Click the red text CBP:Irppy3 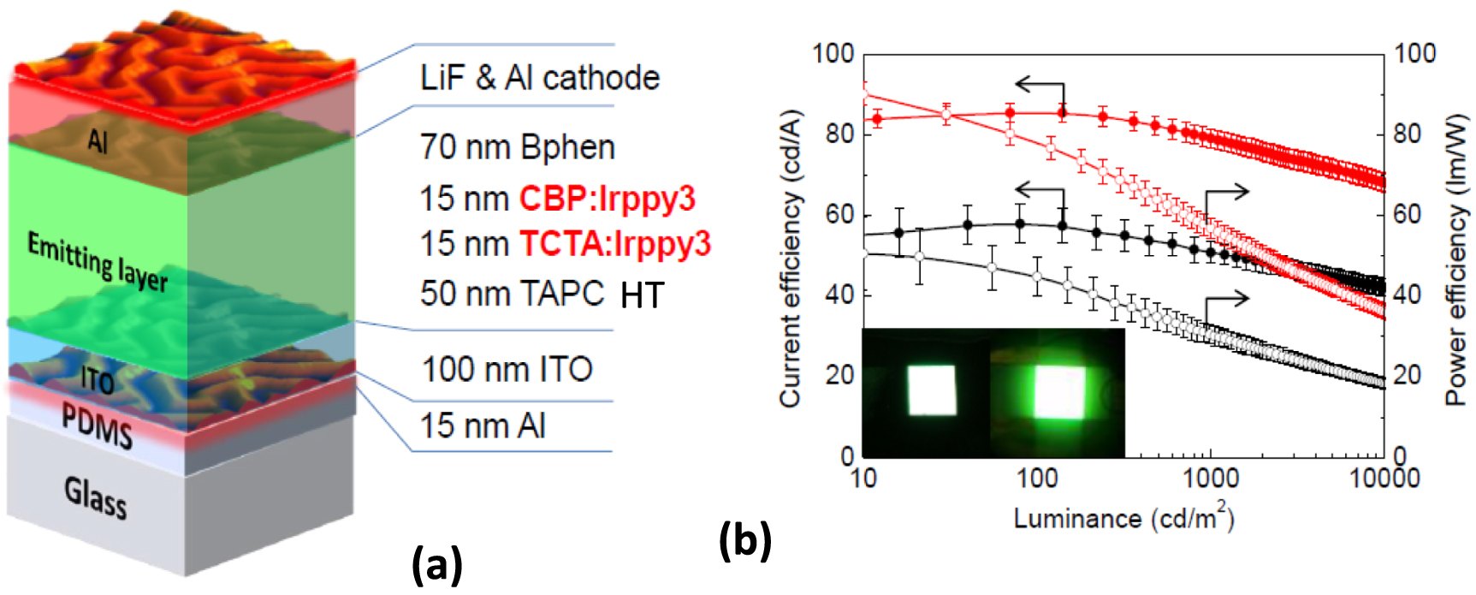[608, 199]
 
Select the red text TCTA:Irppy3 [615, 244]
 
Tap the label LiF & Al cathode [540, 78]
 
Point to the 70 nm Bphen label [518, 147]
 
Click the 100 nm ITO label [507, 370]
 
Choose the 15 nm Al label [483, 425]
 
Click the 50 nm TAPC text [513, 294]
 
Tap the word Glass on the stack [96, 497]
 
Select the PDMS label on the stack [98, 425]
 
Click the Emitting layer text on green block [97, 260]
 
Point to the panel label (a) [437, 566]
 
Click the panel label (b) [745, 540]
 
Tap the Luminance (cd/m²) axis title [1123, 518]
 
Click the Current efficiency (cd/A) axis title [790, 257]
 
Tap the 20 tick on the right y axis [1414, 375]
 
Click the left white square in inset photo [932, 390]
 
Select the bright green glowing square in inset [1060, 393]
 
